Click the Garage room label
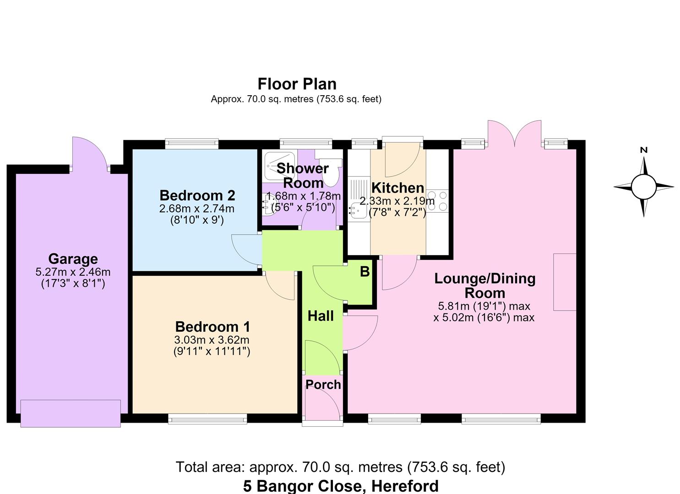pos(73,259)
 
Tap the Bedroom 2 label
pos(197,196)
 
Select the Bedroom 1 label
pos(212,327)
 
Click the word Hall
pos(321,316)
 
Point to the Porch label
pos(323,385)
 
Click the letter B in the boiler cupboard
pos(364,272)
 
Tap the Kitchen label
pos(397,188)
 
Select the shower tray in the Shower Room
pos(280,166)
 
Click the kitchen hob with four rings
pos(437,201)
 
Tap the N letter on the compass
pos(643,150)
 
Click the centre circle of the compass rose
pos(643,187)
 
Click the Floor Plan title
pos(297,84)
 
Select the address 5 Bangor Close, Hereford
pos(341,486)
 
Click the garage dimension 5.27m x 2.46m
pos(73,272)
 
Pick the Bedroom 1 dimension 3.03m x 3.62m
pos(212,340)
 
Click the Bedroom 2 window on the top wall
pos(192,144)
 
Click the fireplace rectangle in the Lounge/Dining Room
pos(565,282)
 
